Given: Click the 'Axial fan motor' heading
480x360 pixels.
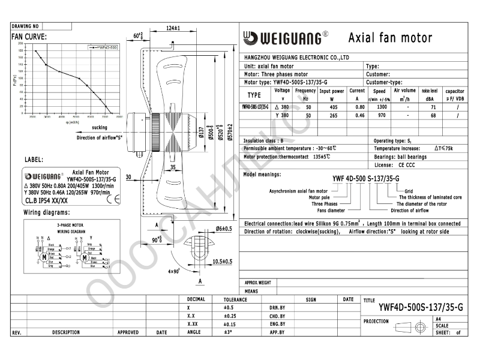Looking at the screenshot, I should coord(390,38).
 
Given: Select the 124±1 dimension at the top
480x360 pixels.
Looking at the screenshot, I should coord(173,29).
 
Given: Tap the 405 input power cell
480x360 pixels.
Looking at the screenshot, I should coord(331,106).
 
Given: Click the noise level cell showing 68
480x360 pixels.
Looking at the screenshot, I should coord(430,115).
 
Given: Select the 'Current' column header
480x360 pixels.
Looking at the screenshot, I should coord(357,91).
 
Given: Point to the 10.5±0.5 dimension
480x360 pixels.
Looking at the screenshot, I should coord(223,262).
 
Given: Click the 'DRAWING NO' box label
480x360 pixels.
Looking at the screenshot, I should coord(25,27).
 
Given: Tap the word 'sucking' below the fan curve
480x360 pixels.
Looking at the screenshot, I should coord(100,128).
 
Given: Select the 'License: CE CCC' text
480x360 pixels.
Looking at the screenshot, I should coord(395,164).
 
